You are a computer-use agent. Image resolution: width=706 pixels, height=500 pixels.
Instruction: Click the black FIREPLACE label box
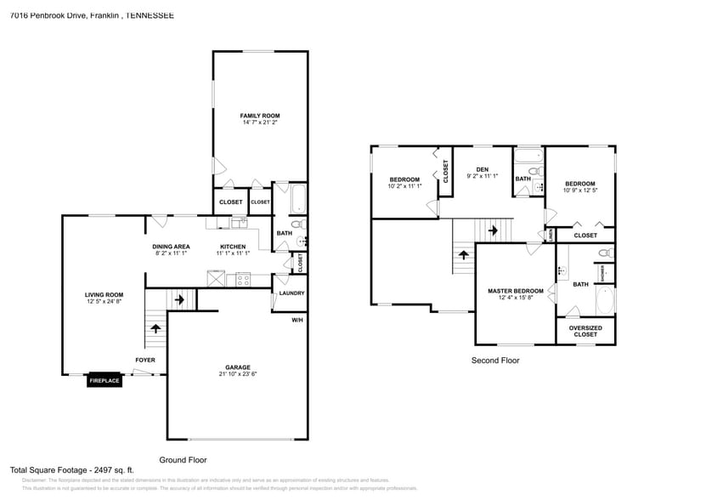pos(105,381)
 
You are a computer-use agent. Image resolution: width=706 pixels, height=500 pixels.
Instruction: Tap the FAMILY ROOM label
pos(259,116)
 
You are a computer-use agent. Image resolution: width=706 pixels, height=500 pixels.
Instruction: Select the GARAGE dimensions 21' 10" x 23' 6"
pos(225,374)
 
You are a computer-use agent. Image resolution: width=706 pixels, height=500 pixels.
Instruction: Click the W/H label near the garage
pos(297,320)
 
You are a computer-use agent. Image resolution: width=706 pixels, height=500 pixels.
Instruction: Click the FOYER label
pos(145,360)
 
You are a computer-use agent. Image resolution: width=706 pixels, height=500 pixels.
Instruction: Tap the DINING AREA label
pos(171,247)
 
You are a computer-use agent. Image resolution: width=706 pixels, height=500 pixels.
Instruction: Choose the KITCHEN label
pos(233,247)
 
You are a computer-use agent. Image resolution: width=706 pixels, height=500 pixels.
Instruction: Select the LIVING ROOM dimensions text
pos(104,302)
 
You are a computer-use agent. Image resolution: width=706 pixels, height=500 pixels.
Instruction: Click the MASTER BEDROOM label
pos(516,291)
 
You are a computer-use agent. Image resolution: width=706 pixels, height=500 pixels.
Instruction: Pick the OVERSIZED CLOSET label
pos(585,331)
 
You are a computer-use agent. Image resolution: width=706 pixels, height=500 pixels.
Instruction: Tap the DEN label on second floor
pos(483,169)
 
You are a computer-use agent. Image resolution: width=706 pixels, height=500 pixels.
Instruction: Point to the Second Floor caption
pos(495,361)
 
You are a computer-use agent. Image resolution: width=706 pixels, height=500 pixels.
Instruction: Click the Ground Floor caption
pos(184,459)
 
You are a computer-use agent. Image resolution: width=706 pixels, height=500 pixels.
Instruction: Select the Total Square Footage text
pos(71,469)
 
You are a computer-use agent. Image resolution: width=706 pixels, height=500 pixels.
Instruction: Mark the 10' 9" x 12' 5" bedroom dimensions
pos(580,190)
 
